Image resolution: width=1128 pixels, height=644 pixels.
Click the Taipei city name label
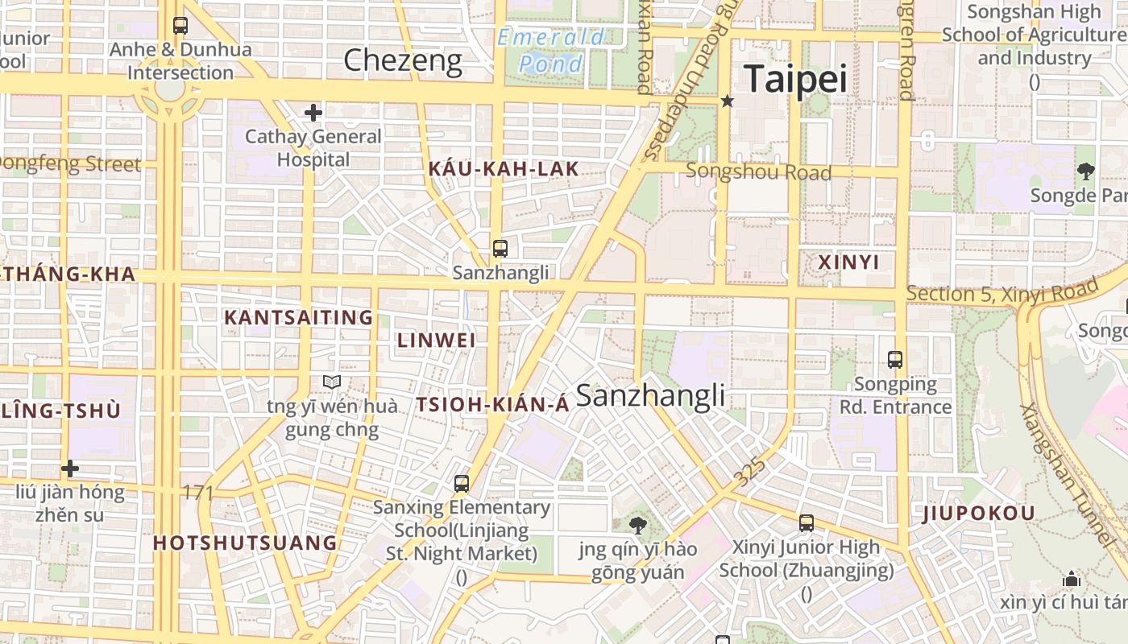[x=795, y=79]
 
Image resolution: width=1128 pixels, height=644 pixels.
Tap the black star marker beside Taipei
[x=728, y=101]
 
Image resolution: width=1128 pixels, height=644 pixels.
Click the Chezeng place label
[x=403, y=60]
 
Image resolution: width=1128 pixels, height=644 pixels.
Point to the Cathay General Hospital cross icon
[x=313, y=113]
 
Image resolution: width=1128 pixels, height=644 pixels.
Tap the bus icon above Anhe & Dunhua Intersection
[x=180, y=26]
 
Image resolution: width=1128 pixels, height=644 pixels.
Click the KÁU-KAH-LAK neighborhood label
[x=504, y=168]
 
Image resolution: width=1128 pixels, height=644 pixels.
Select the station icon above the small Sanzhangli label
[x=500, y=248]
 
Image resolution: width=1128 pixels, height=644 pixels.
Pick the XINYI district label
[x=848, y=262]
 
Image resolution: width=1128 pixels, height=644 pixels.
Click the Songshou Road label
[x=758, y=171]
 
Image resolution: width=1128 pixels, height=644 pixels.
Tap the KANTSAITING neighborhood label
[x=298, y=317]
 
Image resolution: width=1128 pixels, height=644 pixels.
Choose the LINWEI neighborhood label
[x=436, y=340]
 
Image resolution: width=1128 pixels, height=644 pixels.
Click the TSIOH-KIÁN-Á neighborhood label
[x=492, y=405]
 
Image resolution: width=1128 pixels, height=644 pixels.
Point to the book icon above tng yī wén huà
[x=332, y=382]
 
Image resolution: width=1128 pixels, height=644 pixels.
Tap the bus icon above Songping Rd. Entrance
[x=895, y=359]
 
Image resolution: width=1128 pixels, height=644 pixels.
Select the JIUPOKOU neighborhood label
[x=978, y=514]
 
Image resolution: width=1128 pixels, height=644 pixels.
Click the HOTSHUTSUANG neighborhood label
[x=245, y=543]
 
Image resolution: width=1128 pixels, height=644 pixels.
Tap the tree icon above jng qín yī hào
[x=637, y=526]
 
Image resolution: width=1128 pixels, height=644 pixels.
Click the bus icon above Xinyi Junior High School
[x=807, y=522]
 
